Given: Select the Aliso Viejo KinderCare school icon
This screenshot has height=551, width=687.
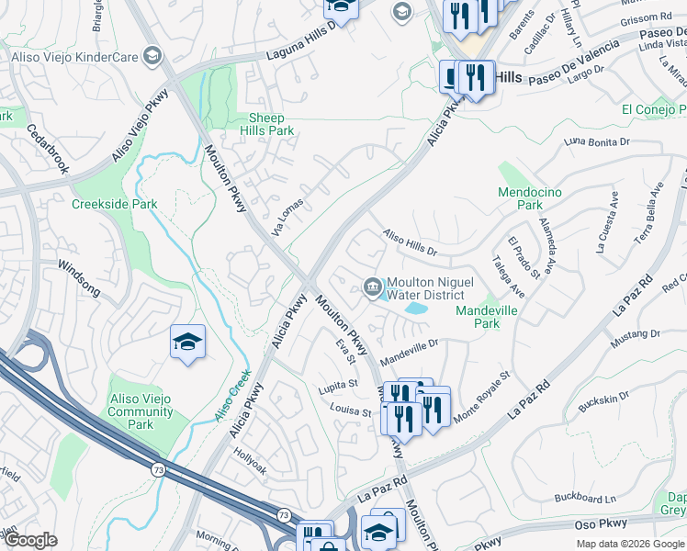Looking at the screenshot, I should coord(152,57).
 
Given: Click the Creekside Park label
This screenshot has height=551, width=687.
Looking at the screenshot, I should coord(115,204).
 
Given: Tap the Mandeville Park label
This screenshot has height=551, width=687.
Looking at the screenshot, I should coord(486,318).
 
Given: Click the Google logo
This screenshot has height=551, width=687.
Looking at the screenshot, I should coord(30,540).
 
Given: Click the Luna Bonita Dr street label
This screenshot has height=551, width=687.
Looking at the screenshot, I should coord(597,142).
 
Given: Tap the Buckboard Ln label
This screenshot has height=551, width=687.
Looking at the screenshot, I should coord(585,499).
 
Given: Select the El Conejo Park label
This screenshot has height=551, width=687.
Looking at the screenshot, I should coord(653,109).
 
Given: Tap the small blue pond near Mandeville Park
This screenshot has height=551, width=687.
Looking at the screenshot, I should coord(415,309).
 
